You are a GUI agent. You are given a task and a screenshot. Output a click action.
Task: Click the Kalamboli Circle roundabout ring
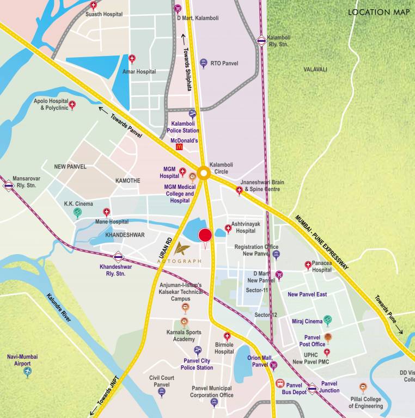click(x=204, y=174)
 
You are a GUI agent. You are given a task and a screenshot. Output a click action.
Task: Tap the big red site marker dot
click(x=205, y=236)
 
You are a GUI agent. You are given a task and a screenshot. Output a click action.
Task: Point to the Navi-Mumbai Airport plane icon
click(x=28, y=372)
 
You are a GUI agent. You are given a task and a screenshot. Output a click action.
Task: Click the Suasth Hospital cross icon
click(x=94, y=5)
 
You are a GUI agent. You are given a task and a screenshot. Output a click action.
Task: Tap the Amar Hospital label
click(x=139, y=72)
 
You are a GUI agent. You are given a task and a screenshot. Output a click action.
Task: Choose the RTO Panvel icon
click(x=204, y=63)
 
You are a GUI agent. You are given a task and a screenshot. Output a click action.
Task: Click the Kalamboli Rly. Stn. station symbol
click(x=262, y=40)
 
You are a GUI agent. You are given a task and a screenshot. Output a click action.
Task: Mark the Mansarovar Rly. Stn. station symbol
click(x=8, y=186)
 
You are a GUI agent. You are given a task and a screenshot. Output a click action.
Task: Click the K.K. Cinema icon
click(x=78, y=213)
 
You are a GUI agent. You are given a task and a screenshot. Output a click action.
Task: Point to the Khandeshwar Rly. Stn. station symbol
click(x=118, y=257)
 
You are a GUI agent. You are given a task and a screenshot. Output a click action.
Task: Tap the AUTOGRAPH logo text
click(x=180, y=261)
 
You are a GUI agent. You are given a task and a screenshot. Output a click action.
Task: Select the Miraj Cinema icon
click(x=327, y=321)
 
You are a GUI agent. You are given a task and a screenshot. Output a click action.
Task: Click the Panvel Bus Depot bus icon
click(x=280, y=384)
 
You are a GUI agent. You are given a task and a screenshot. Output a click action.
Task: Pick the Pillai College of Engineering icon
click(x=363, y=388)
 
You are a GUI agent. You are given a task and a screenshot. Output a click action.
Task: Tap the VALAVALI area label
click(x=316, y=69)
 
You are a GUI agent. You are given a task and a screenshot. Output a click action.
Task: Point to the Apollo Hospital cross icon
click(x=72, y=105)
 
